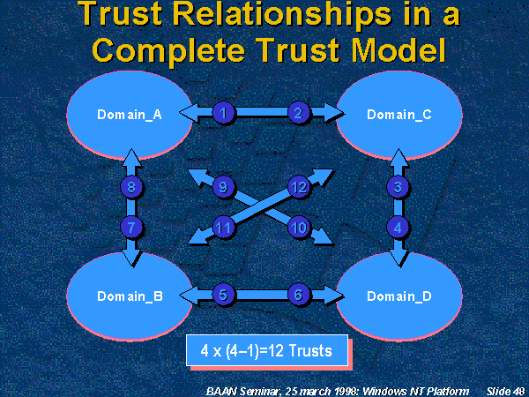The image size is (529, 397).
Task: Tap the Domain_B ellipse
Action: pyautogui.click(x=129, y=296)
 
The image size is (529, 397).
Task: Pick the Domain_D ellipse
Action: pyautogui.click(x=399, y=296)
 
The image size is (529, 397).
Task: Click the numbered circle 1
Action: pyautogui.click(x=225, y=112)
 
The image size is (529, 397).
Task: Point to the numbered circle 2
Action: pyautogui.click(x=298, y=112)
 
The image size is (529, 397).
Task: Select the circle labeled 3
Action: pyautogui.click(x=399, y=186)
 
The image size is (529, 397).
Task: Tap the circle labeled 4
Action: pyautogui.click(x=399, y=227)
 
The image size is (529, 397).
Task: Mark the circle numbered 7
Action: pyautogui.click(x=131, y=227)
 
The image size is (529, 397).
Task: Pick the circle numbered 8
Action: pyautogui.click(x=131, y=187)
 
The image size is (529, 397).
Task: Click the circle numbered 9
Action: pyautogui.click(x=224, y=187)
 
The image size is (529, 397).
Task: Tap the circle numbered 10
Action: pyautogui.click(x=298, y=228)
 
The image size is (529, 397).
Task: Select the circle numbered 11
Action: pyautogui.click(x=224, y=228)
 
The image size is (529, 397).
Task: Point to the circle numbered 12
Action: pyautogui.click(x=298, y=187)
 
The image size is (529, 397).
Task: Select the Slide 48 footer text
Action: pyautogui.click(x=505, y=389)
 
